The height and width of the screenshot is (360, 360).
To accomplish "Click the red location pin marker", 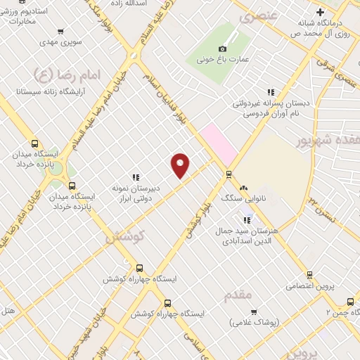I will tap(181, 165).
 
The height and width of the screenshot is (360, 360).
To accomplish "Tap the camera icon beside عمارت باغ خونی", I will tap(223, 49).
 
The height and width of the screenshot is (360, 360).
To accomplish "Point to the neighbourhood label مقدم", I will tap(238, 295).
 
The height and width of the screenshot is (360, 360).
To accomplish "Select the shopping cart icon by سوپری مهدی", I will tap(60, 31).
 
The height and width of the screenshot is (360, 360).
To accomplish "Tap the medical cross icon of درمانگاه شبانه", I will tap(320, 12).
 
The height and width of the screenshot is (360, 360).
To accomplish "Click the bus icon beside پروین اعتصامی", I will tap(307, 274).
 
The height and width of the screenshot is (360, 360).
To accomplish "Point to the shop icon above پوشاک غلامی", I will tap(254, 311).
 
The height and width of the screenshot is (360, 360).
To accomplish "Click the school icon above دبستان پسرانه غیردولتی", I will tap(269, 91).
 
